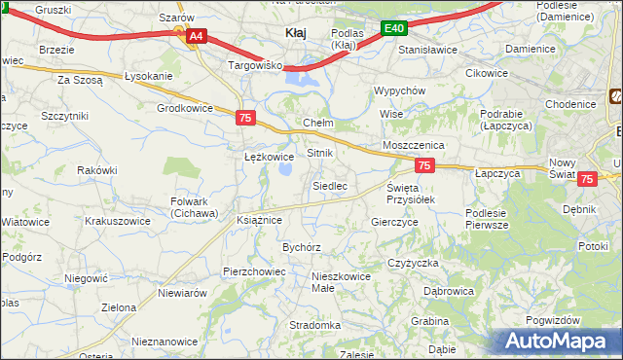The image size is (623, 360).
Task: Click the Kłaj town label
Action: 295,33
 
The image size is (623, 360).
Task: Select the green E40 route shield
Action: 393,29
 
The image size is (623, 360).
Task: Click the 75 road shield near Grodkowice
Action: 246,118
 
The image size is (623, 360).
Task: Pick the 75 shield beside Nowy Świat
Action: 587,179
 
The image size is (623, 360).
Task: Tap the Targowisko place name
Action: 254,65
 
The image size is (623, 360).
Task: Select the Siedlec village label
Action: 329,185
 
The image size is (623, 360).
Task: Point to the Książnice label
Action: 259,221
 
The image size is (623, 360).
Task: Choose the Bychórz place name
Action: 302,247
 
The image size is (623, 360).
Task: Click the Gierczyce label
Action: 394,222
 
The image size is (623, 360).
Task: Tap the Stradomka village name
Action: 314,325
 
